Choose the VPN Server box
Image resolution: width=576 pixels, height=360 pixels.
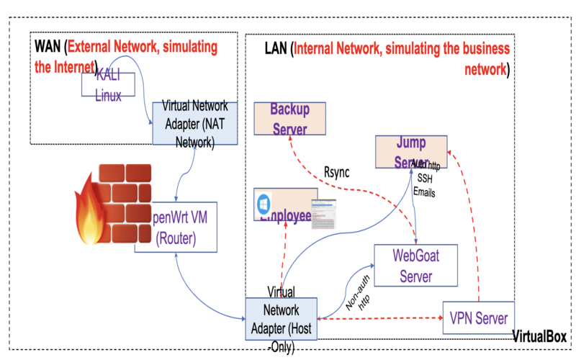(x=478, y=318)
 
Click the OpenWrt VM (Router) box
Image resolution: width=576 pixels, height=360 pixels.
(x=176, y=227)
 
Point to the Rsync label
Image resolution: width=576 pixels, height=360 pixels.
(x=336, y=173)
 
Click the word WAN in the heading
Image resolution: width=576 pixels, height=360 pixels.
(x=47, y=47)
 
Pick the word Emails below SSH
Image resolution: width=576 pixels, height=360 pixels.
(x=424, y=192)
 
